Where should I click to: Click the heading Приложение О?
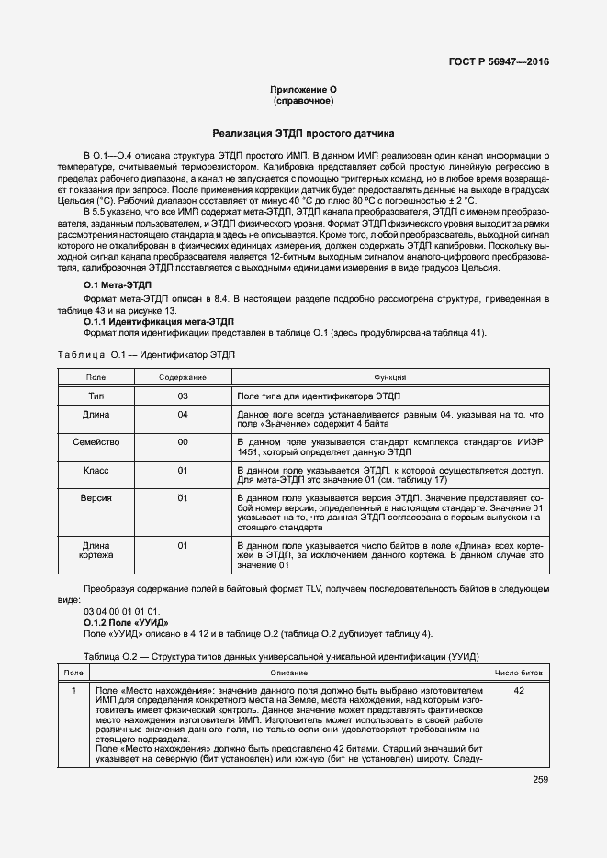[x=303, y=89]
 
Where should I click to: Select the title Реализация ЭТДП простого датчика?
[x=303, y=133]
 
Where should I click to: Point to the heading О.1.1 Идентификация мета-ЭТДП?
[x=159, y=322]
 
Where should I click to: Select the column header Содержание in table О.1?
[x=182, y=377]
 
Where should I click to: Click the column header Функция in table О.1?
[x=389, y=377]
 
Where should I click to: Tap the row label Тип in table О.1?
[x=96, y=396]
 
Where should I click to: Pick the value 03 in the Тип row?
[x=182, y=396]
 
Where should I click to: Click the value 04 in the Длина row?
[x=182, y=415]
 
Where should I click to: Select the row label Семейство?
[x=96, y=441]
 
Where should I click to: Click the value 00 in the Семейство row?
[x=182, y=441]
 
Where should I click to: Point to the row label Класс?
[x=96, y=470]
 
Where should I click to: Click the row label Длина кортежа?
[x=96, y=550]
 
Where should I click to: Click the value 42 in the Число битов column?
[x=519, y=690]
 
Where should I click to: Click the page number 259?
[x=540, y=780]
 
